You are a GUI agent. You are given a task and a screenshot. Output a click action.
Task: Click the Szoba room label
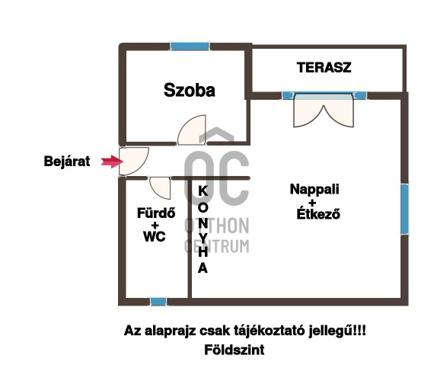[x=190, y=90]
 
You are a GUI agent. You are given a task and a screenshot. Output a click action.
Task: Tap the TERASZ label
[x=324, y=68]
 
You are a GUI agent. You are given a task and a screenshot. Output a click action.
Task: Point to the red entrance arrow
[x=112, y=162]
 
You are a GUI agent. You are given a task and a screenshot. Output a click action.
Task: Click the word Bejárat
[x=67, y=161]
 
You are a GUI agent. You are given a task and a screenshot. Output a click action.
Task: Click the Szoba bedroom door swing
[x=192, y=130]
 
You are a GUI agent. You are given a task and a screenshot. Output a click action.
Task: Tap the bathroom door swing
[x=160, y=188]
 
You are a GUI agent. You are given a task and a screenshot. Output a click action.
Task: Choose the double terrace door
[x=324, y=110]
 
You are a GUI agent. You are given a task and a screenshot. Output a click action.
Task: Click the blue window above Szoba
[x=190, y=46]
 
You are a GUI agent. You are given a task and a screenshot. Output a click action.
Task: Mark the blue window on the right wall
[x=404, y=210]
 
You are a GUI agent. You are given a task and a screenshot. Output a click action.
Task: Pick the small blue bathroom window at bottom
[x=158, y=302]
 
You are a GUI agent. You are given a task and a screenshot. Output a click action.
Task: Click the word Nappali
[x=314, y=189]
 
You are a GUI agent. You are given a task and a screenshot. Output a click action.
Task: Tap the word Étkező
[x=318, y=213]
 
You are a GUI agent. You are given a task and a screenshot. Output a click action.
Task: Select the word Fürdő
[x=156, y=213]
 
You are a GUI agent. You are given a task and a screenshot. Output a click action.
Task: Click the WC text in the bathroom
[x=155, y=236]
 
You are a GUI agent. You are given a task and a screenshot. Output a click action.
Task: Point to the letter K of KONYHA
[x=203, y=191]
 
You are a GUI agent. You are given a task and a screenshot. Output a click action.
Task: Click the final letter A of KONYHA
[x=203, y=268]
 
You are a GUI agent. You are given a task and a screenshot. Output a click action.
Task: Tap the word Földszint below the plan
[x=235, y=350]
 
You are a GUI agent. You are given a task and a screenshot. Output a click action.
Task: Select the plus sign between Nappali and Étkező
[x=312, y=203]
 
